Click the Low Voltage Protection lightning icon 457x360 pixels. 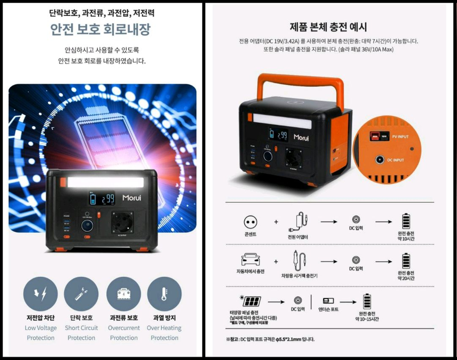(x=40, y=294)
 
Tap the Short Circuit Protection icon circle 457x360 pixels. (x=81, y=294)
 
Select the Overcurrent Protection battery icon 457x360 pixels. (x=123, y=294)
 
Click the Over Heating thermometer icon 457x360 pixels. (x=164, y=294)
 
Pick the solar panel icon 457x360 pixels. (x=251, y=301)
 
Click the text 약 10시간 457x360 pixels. (x=406, y=239)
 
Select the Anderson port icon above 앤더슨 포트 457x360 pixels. (x=328, y=300)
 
